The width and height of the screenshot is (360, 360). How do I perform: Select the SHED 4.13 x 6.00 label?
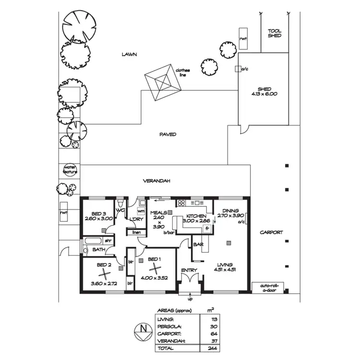tap(264, 92)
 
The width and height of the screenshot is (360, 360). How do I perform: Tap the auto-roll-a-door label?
tap(268, 288)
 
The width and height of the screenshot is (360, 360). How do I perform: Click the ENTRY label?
tap(189, 270)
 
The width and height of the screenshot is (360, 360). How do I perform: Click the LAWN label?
tap(129, 55)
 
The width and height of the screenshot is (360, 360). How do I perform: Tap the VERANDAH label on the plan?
tap(157, 181)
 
